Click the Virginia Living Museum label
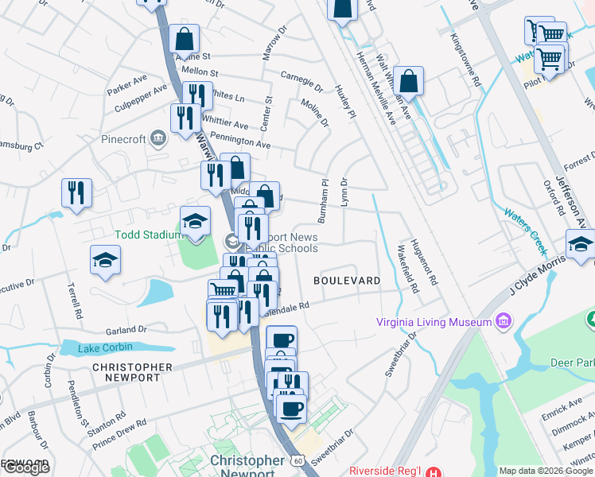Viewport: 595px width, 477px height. pos(435,322)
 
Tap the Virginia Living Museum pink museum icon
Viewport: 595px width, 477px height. pos(503,322)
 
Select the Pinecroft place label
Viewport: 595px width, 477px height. pos(123,139)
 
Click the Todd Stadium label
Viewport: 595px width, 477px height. pos(144,235)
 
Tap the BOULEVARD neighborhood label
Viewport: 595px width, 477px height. pos(346,281)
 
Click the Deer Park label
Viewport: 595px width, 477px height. pos(572,363)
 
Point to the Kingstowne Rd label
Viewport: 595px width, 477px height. pos(465,60)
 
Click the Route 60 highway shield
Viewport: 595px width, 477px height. pos(297,460)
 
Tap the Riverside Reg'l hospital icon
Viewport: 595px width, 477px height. pos(430,471)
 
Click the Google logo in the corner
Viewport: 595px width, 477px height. pos(26,468)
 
